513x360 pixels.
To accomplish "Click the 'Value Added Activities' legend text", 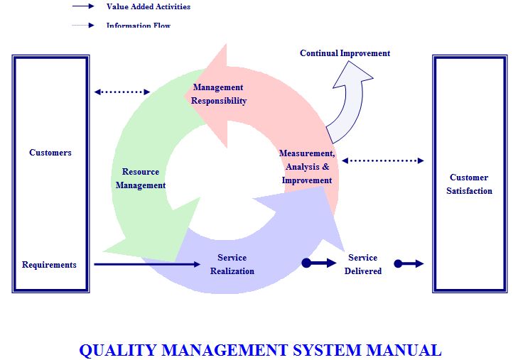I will (148, 7).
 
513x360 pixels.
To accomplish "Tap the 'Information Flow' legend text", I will (139, 26).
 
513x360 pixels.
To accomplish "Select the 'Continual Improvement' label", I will (345, 53).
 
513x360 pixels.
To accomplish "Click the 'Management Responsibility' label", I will (218, 94).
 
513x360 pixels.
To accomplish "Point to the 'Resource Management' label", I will (141, 179).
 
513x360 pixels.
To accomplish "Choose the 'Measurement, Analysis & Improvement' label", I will (306, 167).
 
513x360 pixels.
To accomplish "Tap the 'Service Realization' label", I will (232, 264).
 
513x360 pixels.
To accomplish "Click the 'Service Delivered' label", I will (362, 264).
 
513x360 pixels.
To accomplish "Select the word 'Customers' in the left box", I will (50, 153).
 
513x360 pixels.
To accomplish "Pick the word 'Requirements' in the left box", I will (49, 265).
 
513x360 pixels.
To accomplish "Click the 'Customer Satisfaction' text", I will (469, 184).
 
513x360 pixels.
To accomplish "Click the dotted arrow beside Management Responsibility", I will (122, 92).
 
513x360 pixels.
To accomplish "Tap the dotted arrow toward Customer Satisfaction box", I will (382, 160).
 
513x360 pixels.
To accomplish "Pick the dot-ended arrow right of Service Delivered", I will (409, 264).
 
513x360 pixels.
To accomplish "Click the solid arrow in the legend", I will (83, 7).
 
